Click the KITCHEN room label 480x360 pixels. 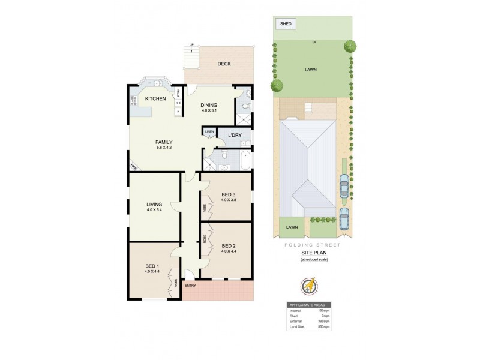pos(155,98)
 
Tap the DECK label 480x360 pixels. pos(224,64)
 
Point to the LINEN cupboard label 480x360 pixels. pos(209,131)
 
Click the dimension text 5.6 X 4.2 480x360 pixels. pos(164,148)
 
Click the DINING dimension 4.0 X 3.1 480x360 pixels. pos(209,110)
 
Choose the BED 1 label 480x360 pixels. pos(152,266)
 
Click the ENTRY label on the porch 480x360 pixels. pos(190,285)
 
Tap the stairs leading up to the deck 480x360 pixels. pos(191,58)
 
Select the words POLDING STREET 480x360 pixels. pos(311,245)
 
